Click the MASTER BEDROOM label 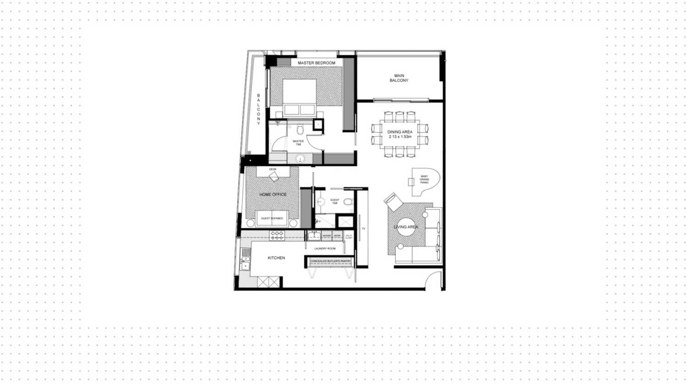click(316, 63)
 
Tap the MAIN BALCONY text click(399, 78)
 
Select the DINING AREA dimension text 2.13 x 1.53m click(400, 137)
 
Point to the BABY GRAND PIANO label click(424, 179)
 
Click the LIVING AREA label click(406, 227)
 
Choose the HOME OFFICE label click(273, 194)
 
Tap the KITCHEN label click(276, 258)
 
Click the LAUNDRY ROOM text click(325, 249)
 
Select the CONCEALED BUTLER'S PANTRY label click(330, 262)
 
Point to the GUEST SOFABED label click(272, 219)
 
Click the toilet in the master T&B click(300, 130)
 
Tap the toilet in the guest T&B click(348, 201)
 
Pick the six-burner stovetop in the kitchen click(277, 235)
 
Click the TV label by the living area click(364, 229)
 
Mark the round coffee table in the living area click(406, 227)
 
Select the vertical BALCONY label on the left click(258, 109)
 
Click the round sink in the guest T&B click(321, 201)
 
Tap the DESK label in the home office click(273, 170)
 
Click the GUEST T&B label click(335, 201)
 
